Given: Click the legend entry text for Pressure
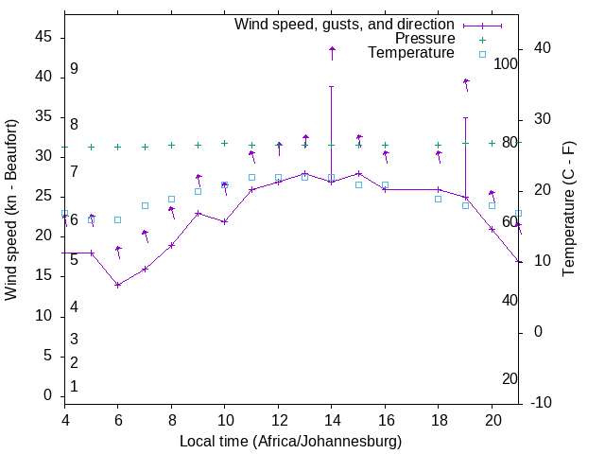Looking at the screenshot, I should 424,39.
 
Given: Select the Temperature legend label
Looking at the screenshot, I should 411,54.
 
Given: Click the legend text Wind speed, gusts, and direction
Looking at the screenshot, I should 345,24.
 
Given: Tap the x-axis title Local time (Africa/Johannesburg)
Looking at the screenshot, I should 291,442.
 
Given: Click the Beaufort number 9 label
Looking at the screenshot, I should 74,69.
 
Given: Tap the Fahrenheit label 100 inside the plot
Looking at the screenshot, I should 507,64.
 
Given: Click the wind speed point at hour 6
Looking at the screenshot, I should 118,285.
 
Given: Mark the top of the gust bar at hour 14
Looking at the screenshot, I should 332,86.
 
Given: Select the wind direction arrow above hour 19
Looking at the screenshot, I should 466,84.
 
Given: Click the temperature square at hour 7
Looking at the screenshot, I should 145,205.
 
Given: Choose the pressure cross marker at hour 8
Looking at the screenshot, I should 171,146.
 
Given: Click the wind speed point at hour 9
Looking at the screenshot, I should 198,213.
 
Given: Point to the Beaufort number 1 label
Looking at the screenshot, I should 74,387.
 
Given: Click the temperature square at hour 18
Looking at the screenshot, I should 439,199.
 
